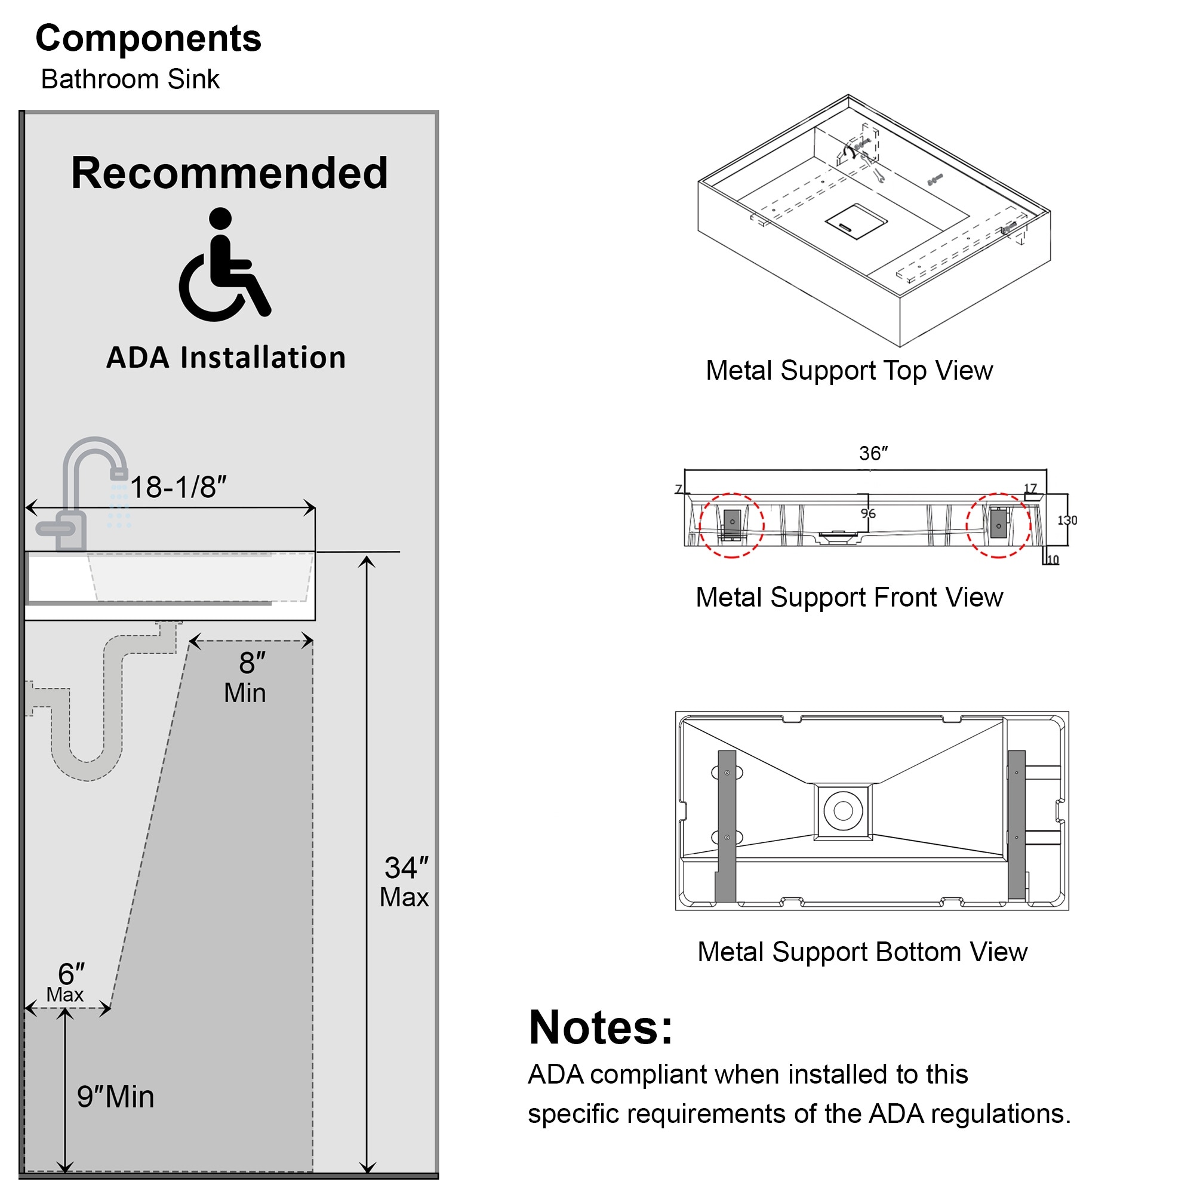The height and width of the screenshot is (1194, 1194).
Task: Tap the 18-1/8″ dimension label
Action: pyautogui.click(x=178, y=487)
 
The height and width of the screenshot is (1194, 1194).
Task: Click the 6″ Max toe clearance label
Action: pyautogui.click(x=68, y=982)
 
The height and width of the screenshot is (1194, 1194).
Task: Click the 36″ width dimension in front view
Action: pyautogui.click(x=873, y=454)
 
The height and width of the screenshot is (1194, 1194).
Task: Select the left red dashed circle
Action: pyautogui.click(x=732, y=525)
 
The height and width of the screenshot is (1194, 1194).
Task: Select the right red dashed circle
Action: pyautogui.click(x=998, y=525)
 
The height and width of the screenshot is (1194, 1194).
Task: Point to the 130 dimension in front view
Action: pyautogui.click(x=1067, y=521)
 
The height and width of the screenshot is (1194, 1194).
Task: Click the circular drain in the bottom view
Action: pyautogui.click(x=843, y=810)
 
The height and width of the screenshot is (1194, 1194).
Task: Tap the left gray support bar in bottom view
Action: pyautogui.click(x=727, y=826)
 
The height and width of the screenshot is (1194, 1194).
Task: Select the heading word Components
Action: pyautogui.click(x=148, y=38)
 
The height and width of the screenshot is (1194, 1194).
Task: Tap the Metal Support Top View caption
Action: pyautogui.click(x=849, y=371)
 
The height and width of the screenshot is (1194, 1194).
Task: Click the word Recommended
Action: pyautogui.click(x=229, y=173)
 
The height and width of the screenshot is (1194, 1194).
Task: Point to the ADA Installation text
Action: pyautogui.click(x=226, y=358)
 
